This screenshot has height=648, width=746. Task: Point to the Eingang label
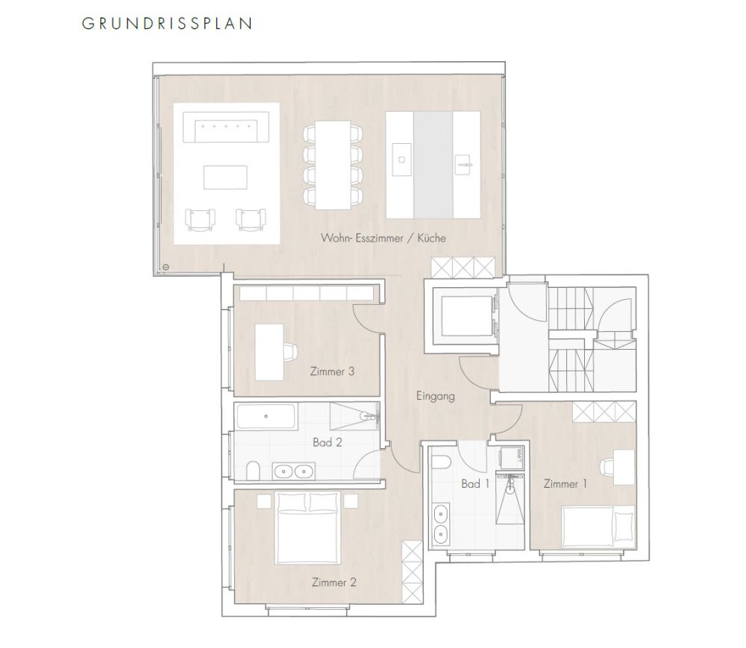[x=435, y=396]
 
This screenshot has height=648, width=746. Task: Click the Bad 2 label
[x=327, y=441]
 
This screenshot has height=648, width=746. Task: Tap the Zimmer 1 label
[x=565, y=484]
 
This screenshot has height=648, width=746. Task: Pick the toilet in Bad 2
[x=254, y=468]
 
